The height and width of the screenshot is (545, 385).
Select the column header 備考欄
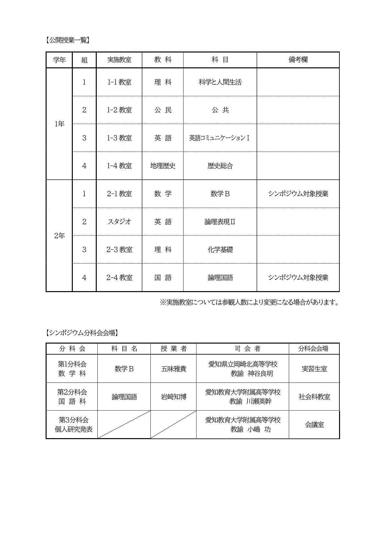coord(298,60)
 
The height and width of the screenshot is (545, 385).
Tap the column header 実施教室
coord(119,60)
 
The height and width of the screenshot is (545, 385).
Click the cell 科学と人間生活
coord(220,82)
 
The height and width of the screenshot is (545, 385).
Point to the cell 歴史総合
coord(220,166)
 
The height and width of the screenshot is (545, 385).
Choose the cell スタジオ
coord(119,222)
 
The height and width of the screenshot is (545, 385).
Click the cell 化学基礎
coord(220,250)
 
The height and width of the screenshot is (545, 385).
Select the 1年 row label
coord(59,124)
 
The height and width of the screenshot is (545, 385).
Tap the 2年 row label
coord(59,236)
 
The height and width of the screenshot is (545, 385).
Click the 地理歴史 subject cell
coord(163,166)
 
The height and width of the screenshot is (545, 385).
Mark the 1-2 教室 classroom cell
coord(119,110)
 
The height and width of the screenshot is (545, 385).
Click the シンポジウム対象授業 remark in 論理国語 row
coord(298,278)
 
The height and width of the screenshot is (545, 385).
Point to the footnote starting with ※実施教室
coord(249,303)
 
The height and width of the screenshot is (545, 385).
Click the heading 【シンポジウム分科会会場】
coord(81,333)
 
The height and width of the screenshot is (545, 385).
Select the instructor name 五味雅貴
coord(174,369)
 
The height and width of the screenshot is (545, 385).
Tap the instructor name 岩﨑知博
coord(174,397)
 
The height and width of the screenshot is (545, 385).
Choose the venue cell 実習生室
coord(314,369)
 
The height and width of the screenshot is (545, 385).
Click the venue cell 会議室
coord(314,425)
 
